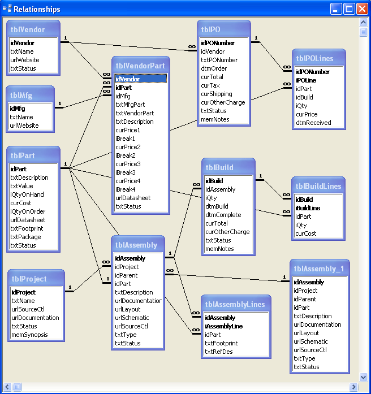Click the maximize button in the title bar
[x=349, y=9]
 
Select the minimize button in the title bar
[x=336, y=9]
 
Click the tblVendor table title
[x=28, y=30]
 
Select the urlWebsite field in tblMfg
[x=24, y=125]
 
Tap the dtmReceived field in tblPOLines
[x=313, y=123]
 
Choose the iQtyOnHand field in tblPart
[x=27, y=194]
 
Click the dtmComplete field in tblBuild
[x=222, y=215]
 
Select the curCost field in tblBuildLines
[x=306, y=233]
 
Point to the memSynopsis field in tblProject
[x=29, y=335]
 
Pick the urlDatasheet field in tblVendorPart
[x=133, y=198]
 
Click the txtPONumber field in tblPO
[x=219, y=60]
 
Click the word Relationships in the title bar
[x=37, y=9]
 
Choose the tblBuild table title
[x=219, y=167]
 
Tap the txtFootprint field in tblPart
[x=26, y=228]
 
